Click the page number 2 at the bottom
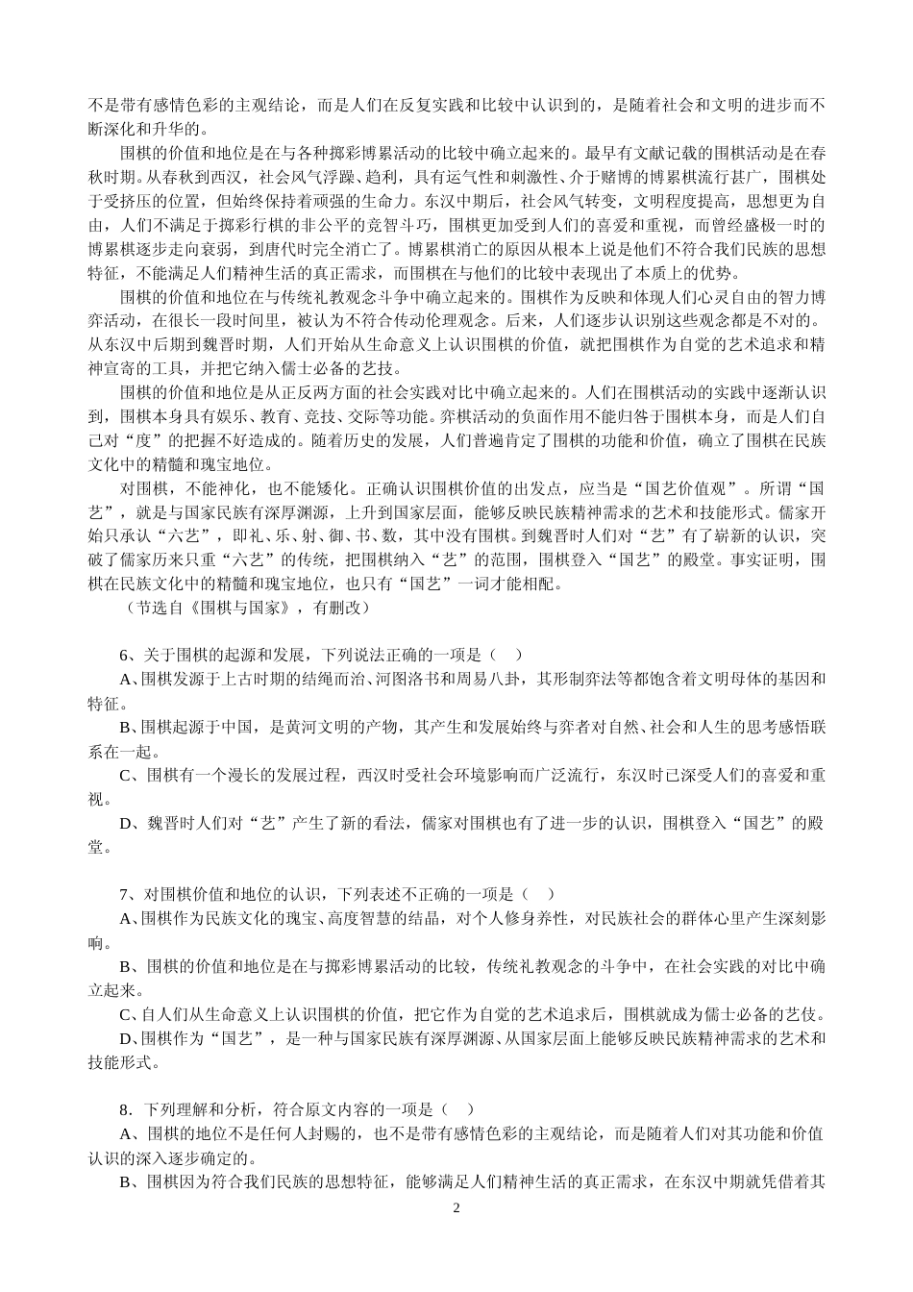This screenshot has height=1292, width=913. coord(456,1208)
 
